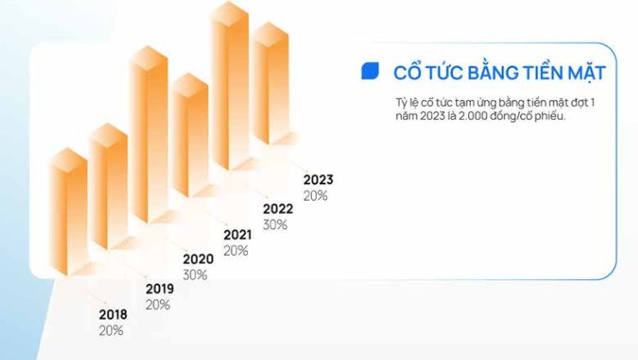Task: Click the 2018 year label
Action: pos(113,314)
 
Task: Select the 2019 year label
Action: pos(159,289)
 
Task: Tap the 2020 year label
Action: pos(198,259)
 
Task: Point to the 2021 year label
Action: pos(238,235)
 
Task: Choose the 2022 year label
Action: pos(278,209)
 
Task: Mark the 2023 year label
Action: pos(319,180)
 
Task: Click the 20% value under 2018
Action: pos(111,331)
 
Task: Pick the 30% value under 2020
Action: pos(195,275)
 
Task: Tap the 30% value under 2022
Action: pos(275,225)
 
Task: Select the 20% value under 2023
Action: pos(315,196)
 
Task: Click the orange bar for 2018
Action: pos(68,212)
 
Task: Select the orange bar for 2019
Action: pos(108,186)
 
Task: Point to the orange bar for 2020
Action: pos(148,134)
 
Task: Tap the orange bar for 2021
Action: pos(189,135)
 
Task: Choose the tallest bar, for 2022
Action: pos(230,85)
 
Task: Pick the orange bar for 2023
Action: pos(269,83)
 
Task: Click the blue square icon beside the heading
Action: pos(370,71)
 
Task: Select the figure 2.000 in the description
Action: pos(473,116)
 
